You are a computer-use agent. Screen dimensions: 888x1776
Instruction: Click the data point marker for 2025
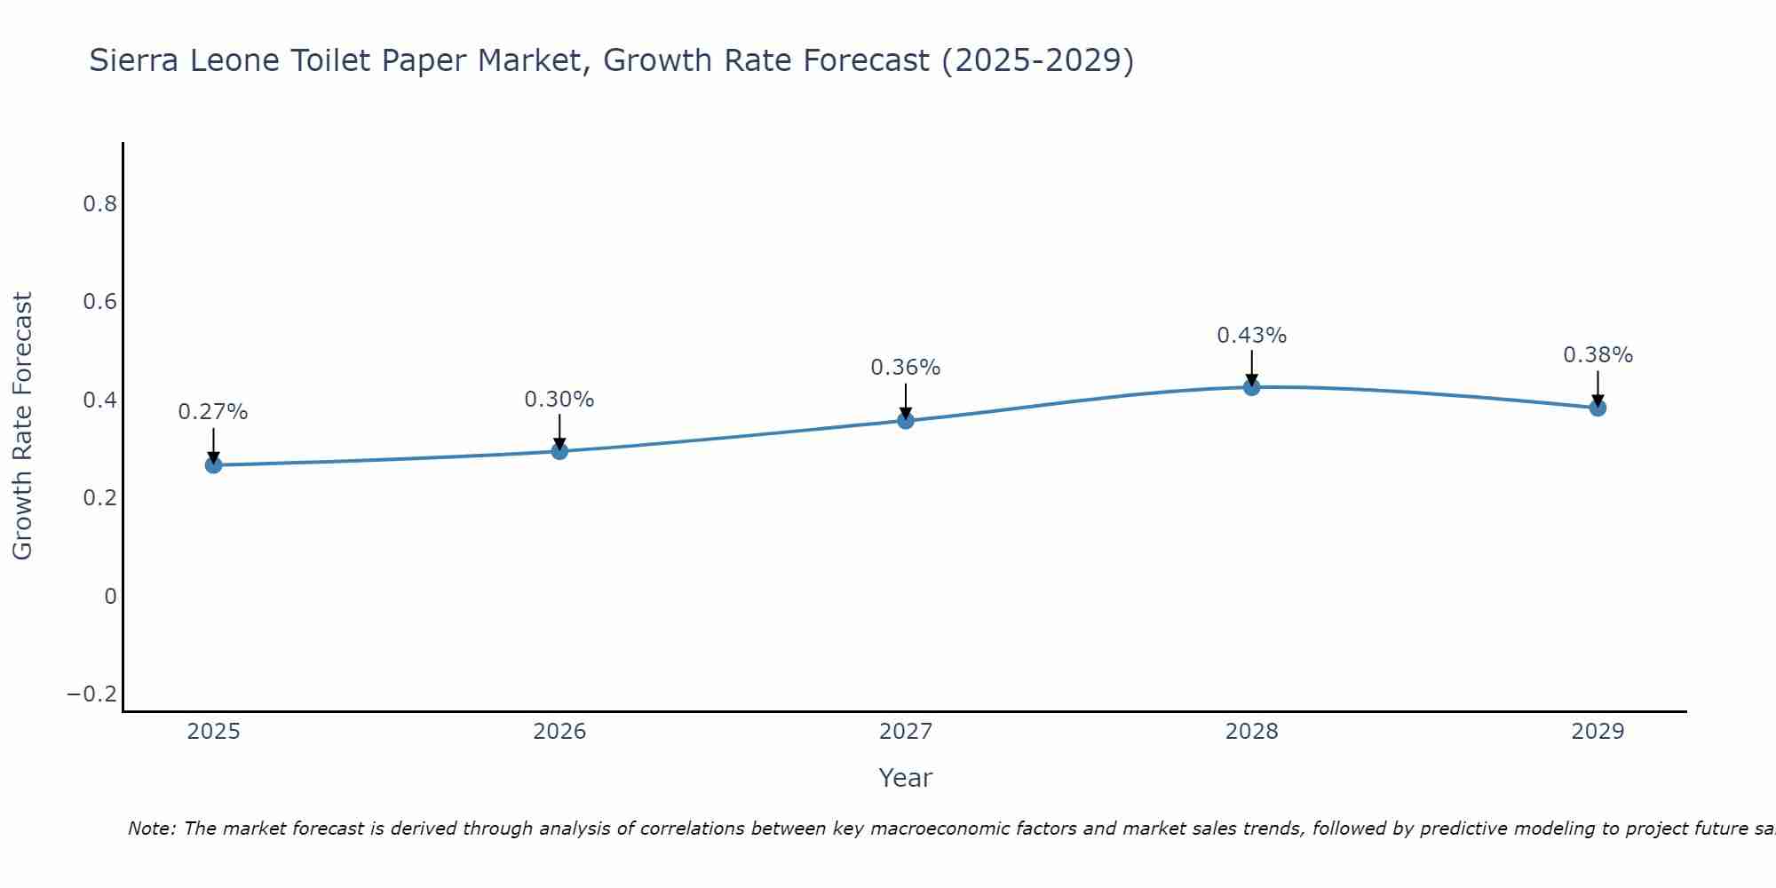[x=213, y=464]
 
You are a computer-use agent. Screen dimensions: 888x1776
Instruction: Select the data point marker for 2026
[x=559, y=451]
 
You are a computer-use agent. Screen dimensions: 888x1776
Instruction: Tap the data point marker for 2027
[x=906, y=420]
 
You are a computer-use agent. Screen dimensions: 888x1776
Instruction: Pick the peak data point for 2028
[x=1251, y=387]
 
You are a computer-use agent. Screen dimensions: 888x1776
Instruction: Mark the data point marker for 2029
[x=1598, y=408]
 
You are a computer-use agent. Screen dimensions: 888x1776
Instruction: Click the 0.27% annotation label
[x=213, y=412]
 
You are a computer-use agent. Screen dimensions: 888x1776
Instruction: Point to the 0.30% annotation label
[x=559, y=400]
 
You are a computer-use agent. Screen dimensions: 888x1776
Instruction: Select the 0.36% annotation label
[x=906, y=368]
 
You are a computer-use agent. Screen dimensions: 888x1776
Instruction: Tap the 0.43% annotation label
[x=1251, y=336]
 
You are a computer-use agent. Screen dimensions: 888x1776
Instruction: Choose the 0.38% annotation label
[x=1598, y=355]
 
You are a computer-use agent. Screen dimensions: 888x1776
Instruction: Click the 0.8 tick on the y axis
[x=99, y=204]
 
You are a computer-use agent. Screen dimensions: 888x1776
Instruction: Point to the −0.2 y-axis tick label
[x=92, y=694]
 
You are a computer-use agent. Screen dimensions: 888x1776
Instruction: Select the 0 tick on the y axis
[x=110, y=596]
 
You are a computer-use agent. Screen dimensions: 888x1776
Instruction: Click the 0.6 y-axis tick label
[x=99, y=302]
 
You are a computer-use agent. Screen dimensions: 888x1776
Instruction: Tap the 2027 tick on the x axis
[x=906, y=732]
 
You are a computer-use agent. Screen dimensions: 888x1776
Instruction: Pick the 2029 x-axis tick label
[x=1598, y=732]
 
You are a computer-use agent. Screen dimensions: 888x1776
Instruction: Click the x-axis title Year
[x=906, y=778]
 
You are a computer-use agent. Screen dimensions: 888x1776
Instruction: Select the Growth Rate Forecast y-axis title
[x=22, y=426]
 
